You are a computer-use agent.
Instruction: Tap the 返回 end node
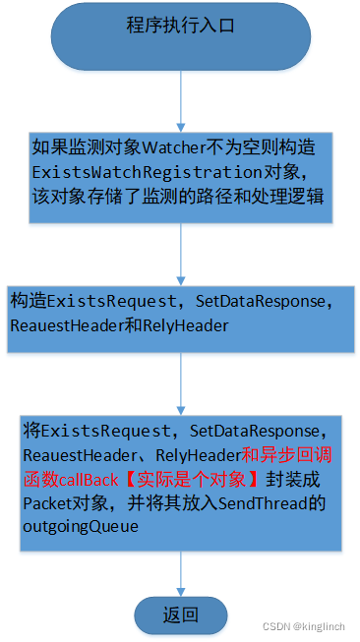click(x=181, y=615)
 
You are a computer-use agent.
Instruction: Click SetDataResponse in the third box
click(x=255, y=298)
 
